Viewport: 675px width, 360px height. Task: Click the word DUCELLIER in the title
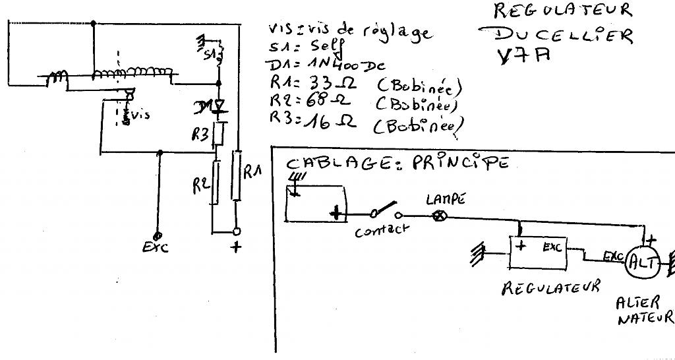(x=555, y=35)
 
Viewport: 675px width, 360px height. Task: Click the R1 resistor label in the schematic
(x=253, y=173)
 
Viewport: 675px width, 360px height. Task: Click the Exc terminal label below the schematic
(x=156, y=247)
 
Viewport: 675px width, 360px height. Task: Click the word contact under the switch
(x=382, y=231)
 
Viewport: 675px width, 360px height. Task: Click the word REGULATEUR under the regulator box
(x=550, y=287)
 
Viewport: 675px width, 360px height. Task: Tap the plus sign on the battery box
(x=337, y=212)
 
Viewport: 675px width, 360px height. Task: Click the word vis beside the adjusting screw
(x=140, y=115)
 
